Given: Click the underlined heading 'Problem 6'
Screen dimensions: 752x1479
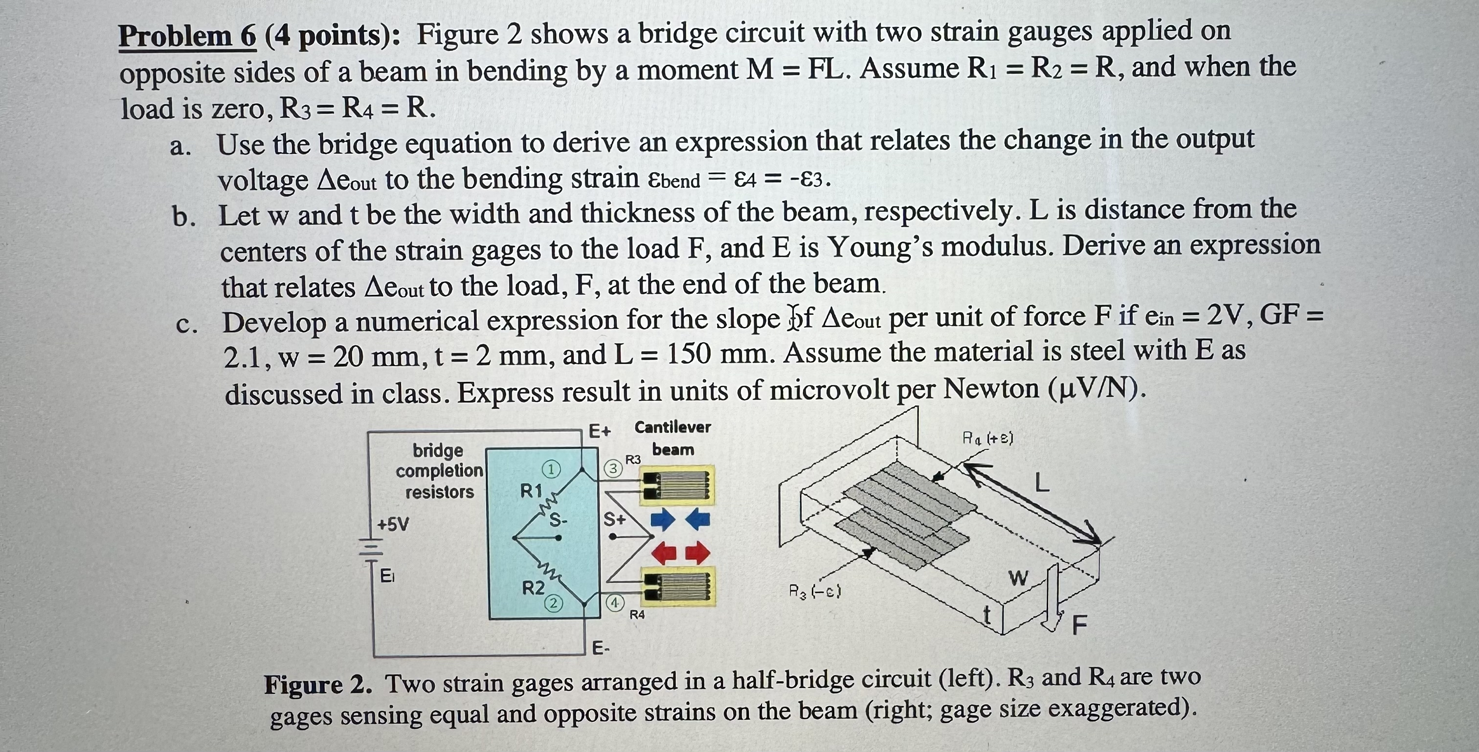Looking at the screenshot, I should (187, 37).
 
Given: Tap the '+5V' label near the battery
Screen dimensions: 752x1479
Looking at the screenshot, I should (393, 524).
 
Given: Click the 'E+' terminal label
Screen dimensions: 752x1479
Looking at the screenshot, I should (600, 431).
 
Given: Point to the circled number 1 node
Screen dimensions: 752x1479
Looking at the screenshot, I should (551, 469).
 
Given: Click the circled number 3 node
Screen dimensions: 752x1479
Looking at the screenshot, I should (613, 468).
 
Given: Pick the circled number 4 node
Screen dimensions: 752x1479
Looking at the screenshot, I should (615, 603).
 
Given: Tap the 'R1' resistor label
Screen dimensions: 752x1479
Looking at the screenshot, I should (531, 491).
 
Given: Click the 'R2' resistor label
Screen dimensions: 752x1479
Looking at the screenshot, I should (533, 588).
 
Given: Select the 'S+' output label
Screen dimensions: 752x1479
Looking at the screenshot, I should (614, 520).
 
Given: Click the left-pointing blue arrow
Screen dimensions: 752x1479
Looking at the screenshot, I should (697, 520).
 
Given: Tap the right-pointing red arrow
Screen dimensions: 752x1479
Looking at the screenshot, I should (697, 553).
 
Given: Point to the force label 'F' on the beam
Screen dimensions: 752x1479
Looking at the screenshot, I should (1079, 624).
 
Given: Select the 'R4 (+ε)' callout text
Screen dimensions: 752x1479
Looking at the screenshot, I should (987, 439).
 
